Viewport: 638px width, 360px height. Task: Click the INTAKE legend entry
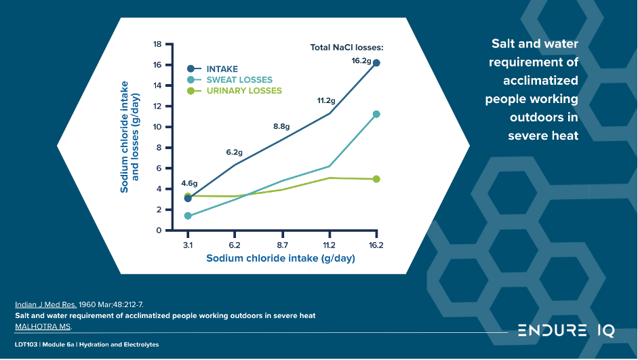(x=222, y=69)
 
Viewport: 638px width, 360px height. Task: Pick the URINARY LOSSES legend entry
(x=243, y=91)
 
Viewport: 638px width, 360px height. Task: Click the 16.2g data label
(x=361, y=61)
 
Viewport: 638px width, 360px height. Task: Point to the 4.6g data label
(x=189, y=183)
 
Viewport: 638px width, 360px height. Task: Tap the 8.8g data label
(x=281, y=126)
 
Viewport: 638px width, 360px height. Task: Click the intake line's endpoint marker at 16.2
(x=376, y=63)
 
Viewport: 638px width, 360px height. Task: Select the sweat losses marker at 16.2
(x=376, y=114)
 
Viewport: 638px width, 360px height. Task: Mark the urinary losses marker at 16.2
(x=376, y=179)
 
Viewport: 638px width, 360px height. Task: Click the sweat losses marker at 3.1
(x=188, y=216)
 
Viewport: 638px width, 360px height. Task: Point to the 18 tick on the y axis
(x=157, y=44)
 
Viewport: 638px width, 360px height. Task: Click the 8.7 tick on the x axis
(x=282, y=245)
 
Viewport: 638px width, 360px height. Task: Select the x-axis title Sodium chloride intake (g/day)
(x=281, y=258)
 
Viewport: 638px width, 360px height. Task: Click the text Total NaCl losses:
(x=346, y=47)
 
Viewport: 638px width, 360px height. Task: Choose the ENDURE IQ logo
(x=566, y=331)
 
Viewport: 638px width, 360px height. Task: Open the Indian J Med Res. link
(x=46, y=304)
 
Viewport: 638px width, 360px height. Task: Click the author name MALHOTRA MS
(x=43, y=327)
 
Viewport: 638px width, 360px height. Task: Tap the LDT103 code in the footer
(x=25, y=345)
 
